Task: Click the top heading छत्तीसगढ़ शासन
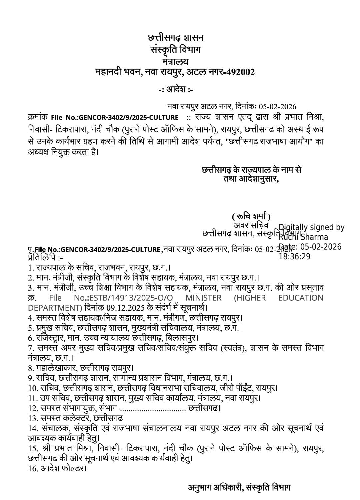coord(176,38)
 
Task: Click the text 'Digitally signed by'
coord(311,227)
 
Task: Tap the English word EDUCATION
coord(301,298)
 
